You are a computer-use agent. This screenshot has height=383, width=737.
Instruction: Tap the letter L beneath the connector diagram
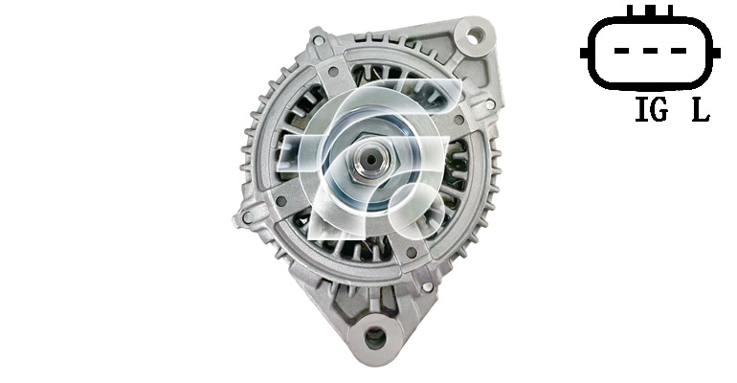[x=701, y=110]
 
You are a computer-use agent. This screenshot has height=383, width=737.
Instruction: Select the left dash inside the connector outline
[x=621, y=51]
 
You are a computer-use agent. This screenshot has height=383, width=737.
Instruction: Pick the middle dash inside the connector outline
[x=650, y=51]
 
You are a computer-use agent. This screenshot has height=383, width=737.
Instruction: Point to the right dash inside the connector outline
[x=679, y=51]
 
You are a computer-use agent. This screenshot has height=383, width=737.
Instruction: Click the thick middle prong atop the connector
[x=650, y=11]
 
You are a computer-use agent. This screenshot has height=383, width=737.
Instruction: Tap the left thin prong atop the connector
[x=631, y=11]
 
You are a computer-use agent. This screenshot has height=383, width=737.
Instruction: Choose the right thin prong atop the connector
[x=670, y=11]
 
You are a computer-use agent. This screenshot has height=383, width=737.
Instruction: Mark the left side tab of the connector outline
[x=584, y=52]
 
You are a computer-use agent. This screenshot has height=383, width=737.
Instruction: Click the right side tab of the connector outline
[x=716, y=52]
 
